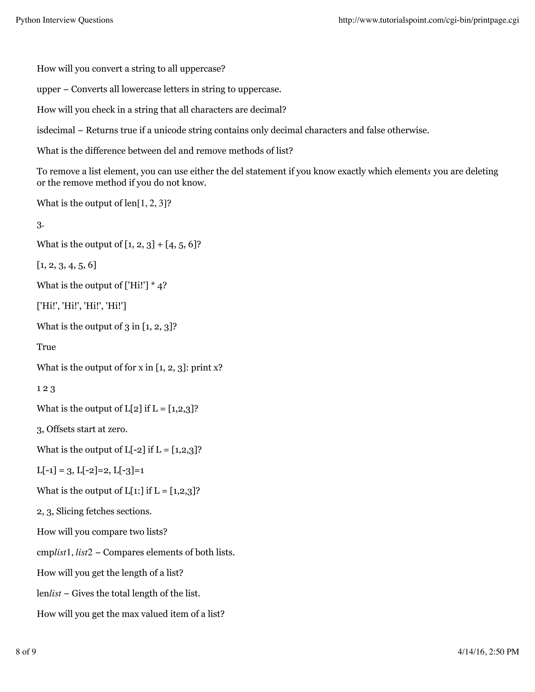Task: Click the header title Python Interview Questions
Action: tap(64, 20)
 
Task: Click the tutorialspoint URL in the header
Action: tap(428, 20)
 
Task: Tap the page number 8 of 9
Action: tap(26, 652)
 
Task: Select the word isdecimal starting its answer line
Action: tap(56, 130)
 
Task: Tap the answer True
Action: tap(46, 347)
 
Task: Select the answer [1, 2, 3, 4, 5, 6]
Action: tap(66, 265)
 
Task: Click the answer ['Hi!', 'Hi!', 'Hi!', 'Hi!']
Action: tap(82, 306)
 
